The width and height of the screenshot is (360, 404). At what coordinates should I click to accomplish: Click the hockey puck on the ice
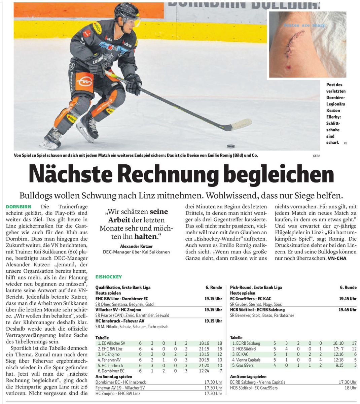[230, 146]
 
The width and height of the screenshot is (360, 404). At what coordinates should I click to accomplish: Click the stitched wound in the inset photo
[293, 43]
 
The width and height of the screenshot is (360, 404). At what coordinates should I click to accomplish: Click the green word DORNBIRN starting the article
[19, 206]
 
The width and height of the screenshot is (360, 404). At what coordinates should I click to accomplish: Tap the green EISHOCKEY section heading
[108, 277]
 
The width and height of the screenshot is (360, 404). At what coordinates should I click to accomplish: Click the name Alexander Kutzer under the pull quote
[136, 246]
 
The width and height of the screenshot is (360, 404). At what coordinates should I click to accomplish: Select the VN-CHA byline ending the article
[337, 258]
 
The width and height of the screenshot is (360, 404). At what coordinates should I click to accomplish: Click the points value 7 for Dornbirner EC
[220, 371]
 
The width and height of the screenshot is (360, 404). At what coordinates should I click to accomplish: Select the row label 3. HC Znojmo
[109, 355]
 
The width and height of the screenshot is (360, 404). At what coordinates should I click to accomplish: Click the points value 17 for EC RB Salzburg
[354, 343]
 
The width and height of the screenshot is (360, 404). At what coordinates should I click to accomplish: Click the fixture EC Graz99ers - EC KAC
[251, 299]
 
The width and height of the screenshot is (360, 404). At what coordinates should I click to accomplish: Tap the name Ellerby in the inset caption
[333, 117]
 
